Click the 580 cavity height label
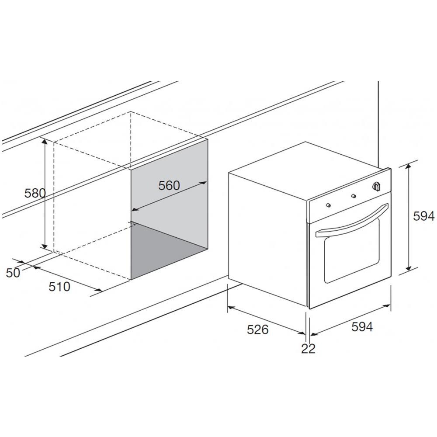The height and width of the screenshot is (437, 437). coord(35,193)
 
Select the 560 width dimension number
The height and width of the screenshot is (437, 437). coord(169,185)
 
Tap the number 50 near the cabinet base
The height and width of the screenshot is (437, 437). coord(13,273)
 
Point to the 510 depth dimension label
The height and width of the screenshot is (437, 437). coord(59,287)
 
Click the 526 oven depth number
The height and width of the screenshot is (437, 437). coord(258,329)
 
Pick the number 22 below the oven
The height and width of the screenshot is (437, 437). coord(308,348)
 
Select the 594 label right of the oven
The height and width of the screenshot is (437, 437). coord(423,216)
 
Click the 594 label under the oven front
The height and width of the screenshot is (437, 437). coord(362,326)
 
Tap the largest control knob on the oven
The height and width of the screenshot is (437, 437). coord(377,187)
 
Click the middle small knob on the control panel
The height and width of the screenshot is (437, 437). coord(354,196)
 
